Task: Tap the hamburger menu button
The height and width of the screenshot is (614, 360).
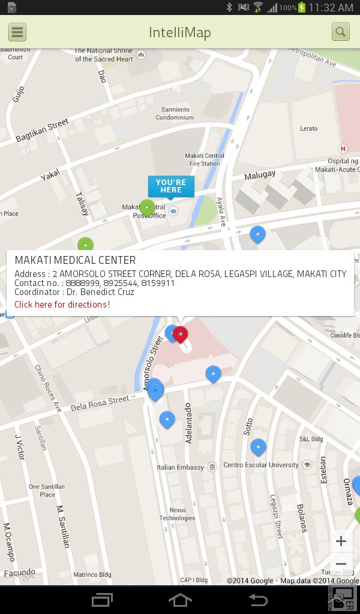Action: tap(17, 32)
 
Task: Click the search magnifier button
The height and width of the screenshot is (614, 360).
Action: tap(341, 32)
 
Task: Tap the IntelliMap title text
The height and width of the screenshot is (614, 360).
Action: tap(180, 32)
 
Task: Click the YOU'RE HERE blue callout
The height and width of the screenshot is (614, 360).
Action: tap(171, 186)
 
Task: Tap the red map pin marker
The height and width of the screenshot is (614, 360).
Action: tap(181, 334)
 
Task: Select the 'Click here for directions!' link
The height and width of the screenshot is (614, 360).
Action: tap(62, 305)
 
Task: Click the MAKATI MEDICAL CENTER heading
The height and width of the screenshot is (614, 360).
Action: tap(75, 260)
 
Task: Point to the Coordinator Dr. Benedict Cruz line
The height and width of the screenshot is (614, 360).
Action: tap(74, 293)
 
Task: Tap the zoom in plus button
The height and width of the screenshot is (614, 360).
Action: tap(341, 541)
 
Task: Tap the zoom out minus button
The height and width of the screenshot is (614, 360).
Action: tap(341, 564)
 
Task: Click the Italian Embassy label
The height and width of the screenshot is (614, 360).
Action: tap(180, 467)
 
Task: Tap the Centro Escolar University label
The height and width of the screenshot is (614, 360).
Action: tap(261, 465)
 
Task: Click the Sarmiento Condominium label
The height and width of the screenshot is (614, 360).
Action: tap(175, 114)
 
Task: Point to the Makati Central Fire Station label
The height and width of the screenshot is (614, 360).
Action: tap(205, 159)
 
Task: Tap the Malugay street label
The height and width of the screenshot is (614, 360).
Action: tap(260, 175)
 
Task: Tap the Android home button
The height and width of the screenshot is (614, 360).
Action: tap(180, 600)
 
